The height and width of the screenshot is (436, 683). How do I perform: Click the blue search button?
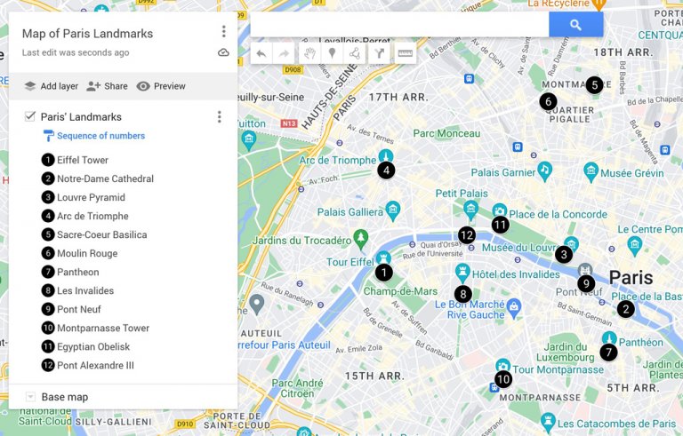click(575, 25)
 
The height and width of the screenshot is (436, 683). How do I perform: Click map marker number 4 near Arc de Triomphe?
click(386, 170)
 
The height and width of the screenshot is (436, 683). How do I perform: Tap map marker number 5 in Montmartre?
click(594, 85)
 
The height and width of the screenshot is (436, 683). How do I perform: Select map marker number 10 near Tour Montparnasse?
click(503, 379)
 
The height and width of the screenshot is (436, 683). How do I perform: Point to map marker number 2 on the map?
click(626, 309)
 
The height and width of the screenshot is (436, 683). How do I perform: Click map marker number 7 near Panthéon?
click(608, 352)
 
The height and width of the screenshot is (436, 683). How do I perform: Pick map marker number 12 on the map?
click(467, 235)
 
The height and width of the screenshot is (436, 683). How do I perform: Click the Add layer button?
click(51, 86)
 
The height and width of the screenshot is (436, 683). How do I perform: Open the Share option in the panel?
click(108, 86)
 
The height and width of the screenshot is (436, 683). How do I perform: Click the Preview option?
click(161, 86)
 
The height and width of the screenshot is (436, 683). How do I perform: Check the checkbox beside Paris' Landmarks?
click(30, 116)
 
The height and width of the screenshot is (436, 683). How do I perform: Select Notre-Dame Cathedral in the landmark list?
click(105, 178)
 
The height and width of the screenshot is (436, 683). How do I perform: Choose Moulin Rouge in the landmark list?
click(86, 253)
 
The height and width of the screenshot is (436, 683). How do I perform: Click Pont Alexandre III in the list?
click(95, 365)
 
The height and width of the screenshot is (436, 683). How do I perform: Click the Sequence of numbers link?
click(100, 136)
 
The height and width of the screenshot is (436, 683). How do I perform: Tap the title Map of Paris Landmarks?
click(87, 34)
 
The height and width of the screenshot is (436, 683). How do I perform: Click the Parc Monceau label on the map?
click(446, 133)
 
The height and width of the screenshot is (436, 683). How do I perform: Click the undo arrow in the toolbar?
click(261, 53)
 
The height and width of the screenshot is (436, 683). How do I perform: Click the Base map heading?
click(64, 397)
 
